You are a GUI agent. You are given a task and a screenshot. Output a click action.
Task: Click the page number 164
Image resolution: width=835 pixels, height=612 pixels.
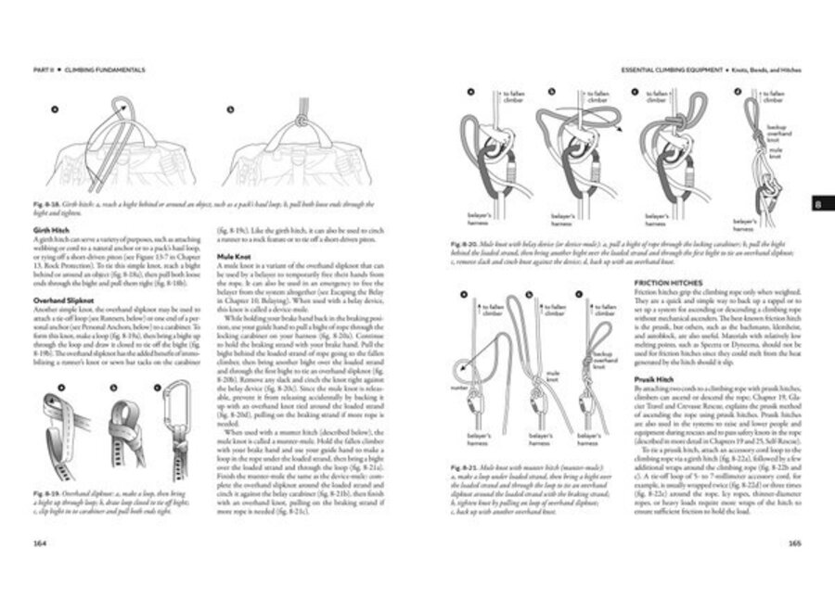[40, 543]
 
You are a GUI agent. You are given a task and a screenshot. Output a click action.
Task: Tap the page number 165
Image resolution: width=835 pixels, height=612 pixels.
[794, 543]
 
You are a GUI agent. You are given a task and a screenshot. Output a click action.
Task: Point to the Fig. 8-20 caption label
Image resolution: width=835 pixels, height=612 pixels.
[462, 241]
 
